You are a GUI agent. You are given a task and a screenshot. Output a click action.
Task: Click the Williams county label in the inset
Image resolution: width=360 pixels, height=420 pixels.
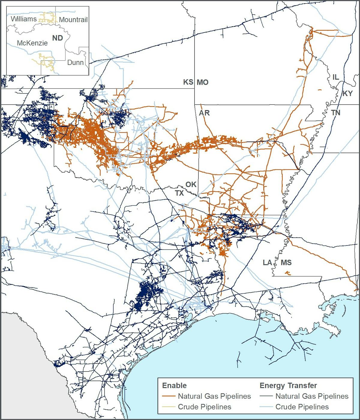24,19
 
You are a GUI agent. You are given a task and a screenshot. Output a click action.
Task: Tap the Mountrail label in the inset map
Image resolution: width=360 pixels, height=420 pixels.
73,20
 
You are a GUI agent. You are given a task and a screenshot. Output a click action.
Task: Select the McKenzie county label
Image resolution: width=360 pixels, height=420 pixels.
32,43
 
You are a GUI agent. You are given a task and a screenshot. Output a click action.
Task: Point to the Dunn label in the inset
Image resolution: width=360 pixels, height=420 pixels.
75,62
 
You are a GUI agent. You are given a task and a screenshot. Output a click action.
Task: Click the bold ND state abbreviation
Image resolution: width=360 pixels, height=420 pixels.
58,38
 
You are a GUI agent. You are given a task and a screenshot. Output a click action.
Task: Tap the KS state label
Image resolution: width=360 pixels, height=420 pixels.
188,82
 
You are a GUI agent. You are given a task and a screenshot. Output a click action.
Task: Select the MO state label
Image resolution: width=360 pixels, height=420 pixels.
202,82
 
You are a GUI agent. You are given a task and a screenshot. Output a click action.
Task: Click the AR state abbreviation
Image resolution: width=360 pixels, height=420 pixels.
204,113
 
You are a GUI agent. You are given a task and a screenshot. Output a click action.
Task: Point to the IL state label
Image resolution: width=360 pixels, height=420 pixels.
336,77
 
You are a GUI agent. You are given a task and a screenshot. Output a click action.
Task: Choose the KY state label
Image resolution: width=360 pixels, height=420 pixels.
347,93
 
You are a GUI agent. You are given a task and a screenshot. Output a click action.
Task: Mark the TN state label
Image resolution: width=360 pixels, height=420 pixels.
336,112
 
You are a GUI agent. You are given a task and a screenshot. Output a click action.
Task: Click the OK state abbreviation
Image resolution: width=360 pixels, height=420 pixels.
191,184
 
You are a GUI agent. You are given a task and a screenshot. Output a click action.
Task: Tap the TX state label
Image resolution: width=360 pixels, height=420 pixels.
179,193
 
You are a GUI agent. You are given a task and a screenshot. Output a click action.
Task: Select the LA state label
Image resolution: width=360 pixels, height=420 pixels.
267,262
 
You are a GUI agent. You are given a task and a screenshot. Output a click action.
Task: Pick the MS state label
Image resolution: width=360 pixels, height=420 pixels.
286,262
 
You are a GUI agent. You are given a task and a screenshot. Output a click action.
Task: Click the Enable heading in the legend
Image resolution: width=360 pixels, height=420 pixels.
174,385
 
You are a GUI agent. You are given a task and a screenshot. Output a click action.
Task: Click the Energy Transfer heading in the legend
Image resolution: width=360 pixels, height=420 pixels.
288,385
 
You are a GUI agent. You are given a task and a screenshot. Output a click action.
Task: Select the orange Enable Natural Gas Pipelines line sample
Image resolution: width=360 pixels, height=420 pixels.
169,396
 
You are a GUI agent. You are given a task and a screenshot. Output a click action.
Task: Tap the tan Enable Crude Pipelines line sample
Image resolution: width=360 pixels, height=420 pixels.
169,407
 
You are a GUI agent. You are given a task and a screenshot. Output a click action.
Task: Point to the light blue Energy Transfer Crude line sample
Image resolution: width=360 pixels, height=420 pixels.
266,407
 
